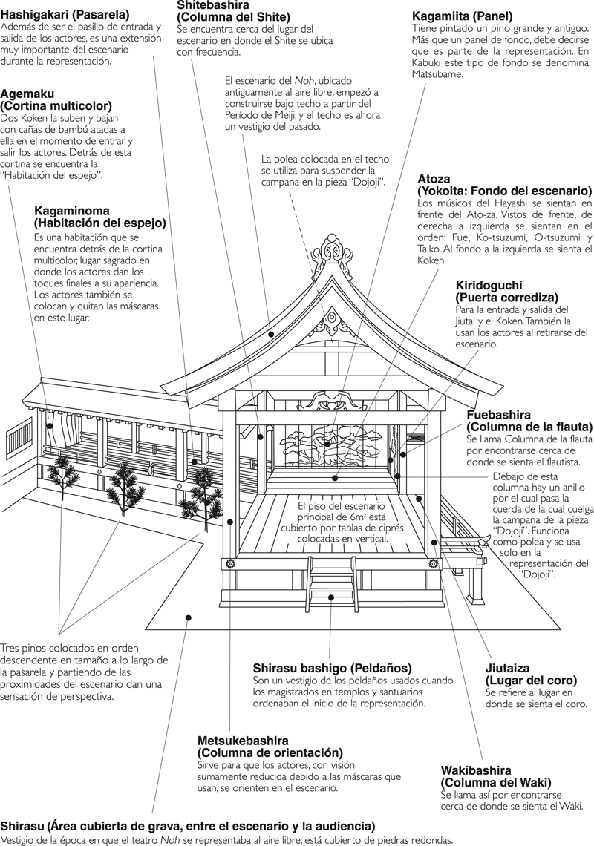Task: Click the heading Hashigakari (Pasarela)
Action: tap(65, 14)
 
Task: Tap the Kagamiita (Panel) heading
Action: tap(463, 16)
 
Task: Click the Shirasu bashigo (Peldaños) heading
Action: tap(332, 668)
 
